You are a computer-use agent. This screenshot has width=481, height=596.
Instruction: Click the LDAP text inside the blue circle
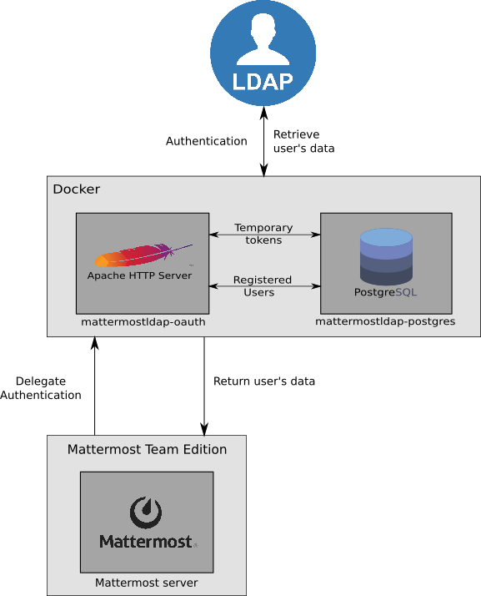(x=263, y=81)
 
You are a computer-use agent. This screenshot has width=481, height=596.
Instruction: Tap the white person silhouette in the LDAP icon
(x=263, y=39)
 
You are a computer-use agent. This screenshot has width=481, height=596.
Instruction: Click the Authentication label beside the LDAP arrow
(x=207, y=141)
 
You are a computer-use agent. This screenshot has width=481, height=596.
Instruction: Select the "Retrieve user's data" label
(x=303, y=141)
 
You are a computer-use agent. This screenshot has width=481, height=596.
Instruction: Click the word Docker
(x=77, y=189)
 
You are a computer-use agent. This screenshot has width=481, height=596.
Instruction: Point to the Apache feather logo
(x=143, y=255)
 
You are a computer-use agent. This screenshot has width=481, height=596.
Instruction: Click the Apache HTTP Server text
(x=139, y=275)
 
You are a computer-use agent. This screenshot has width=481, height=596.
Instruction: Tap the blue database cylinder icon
(x=386, y=256)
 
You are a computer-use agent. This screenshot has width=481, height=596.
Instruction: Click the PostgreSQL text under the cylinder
(x=385, y=292)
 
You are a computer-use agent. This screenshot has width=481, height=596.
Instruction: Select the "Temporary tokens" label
(x=263, y=234)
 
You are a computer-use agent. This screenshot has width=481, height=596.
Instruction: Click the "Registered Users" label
(x=263, y=285)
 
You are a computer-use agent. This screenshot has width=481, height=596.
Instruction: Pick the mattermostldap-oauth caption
(x=143, y=322)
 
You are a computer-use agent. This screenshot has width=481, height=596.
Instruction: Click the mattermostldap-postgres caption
(x=385, y=321)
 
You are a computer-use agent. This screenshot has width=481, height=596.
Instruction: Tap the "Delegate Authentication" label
(x=41, y=388)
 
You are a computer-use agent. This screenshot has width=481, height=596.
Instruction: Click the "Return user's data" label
(x=264, y=381)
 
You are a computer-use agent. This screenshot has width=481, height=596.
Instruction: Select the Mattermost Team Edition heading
(x=147, y=449)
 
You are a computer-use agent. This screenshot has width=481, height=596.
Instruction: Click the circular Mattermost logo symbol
(x=146, y=513)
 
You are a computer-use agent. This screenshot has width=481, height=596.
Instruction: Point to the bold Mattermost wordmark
(x=147, y=542)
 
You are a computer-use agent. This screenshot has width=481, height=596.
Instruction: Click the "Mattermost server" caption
(x=146, y=583)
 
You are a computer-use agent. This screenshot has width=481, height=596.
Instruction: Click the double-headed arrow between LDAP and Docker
(x=264, y=141)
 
